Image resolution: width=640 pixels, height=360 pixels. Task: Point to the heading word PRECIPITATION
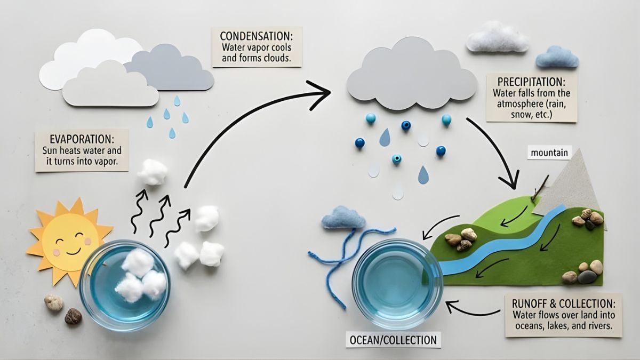pos(531,83)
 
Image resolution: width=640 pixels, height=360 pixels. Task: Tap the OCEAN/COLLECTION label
pos(393,340)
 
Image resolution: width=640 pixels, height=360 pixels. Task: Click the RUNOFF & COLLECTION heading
pos(563,303)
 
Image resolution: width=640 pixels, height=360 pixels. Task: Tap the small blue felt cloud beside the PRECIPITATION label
pos(557,57)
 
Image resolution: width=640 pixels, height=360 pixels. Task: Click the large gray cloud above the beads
pos(411,75)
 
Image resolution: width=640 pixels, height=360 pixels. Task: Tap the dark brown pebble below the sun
pos(73,316)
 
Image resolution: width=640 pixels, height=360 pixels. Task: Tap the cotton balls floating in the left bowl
pos(140,276)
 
